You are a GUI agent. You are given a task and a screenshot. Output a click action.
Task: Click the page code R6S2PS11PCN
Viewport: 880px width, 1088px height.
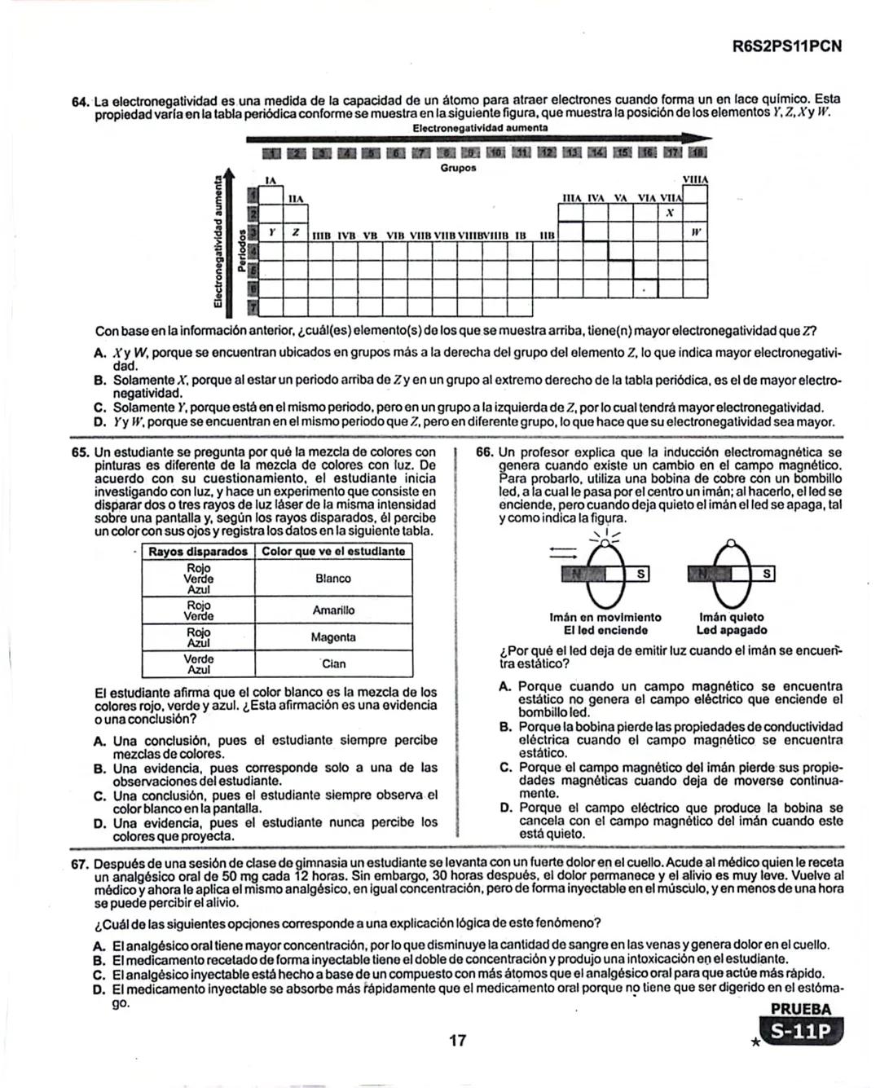[786, 46]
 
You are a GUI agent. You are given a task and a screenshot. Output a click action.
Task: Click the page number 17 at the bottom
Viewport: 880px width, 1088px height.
[457, 1040]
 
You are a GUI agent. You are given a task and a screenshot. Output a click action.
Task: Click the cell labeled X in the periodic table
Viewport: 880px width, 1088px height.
[669, 214]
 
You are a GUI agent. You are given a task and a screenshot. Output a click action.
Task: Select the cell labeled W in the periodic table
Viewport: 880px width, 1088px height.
[695, 232]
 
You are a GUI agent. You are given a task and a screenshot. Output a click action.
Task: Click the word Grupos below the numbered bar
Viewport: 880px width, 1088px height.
[458, 168]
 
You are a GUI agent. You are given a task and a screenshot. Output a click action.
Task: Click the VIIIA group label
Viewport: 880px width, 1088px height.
[694, 179]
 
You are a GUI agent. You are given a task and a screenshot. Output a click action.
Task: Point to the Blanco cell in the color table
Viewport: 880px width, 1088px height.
[332, 579]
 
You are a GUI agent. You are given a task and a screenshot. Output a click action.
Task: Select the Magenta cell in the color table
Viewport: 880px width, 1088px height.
[332, 637]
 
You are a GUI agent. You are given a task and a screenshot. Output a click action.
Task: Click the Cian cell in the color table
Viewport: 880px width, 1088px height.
[332, 664]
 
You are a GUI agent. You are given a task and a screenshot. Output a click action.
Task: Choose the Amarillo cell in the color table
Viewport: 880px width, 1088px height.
[332, 610]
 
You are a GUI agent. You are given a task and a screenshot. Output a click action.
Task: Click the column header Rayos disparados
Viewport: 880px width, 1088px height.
[198, 552]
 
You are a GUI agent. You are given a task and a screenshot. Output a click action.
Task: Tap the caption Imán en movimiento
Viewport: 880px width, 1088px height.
[605, 618]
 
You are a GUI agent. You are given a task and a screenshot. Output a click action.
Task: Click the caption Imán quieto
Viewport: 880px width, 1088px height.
[731, 618]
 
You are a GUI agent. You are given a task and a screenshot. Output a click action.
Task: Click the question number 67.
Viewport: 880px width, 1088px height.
[80, 864]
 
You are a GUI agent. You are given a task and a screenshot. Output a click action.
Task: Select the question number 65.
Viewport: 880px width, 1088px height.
[80, 452]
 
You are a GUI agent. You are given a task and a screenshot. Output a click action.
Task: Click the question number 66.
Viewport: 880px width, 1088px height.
[484, 452]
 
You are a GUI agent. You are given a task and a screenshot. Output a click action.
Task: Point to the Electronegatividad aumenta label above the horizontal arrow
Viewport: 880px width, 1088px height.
[480, 129]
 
